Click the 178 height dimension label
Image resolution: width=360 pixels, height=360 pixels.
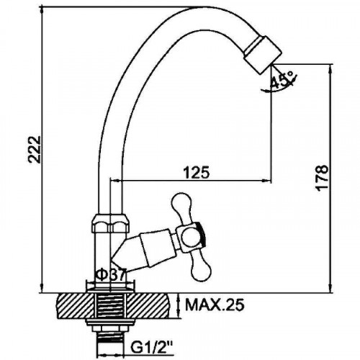322,178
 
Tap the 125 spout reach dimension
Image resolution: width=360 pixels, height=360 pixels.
197,172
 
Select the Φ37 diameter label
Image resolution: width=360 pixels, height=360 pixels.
111,276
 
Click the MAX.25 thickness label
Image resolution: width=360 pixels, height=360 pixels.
215,305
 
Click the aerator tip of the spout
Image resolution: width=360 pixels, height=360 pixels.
263,55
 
